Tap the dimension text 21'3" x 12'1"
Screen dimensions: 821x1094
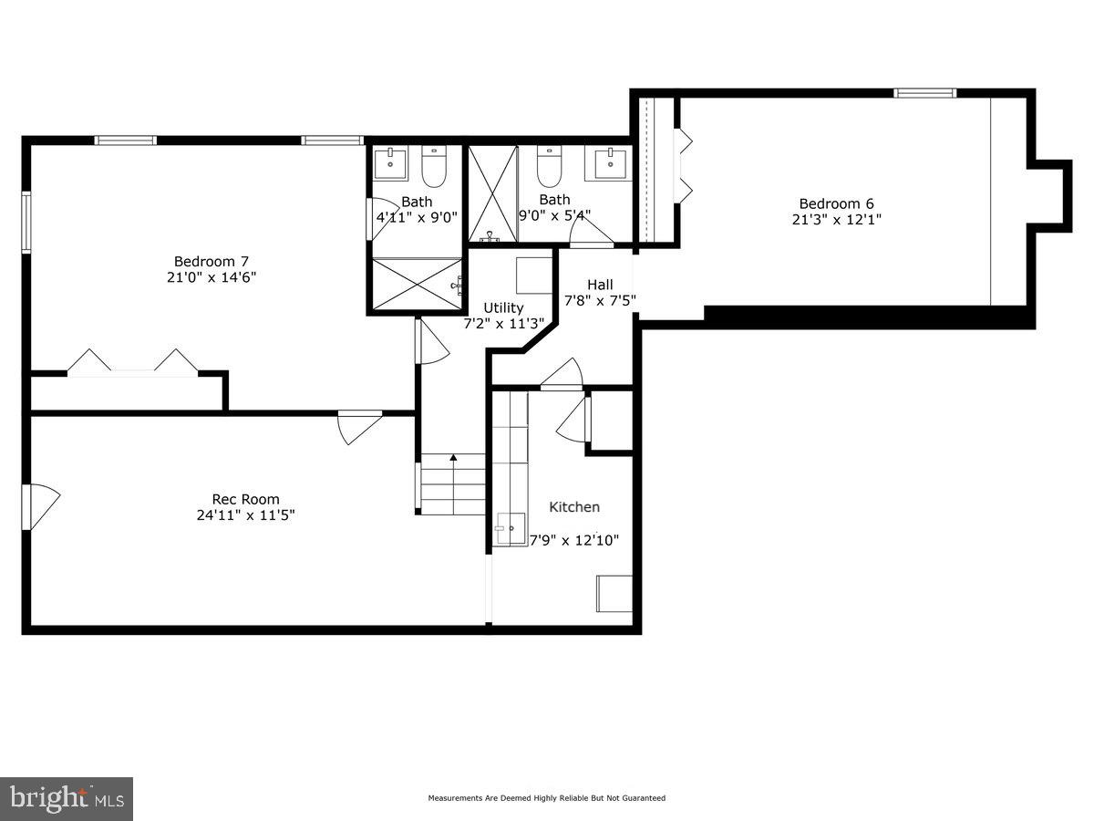click(x=837, y=220)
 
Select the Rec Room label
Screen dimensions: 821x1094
click(x=245, y=499)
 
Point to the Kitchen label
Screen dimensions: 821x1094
click(x=574, y=507)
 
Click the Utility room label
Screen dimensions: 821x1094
click(x=503, y=307)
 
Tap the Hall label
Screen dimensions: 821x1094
click(x=600, y=285)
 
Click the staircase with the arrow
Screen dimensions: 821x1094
click(x=453, y=484)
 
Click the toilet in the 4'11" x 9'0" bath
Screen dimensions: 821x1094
click(x=433, y=167)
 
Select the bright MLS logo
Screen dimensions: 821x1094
click(x=67, y=798)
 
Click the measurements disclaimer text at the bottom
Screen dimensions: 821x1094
click(x=547, y=798)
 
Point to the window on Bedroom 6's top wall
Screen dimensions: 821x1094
click(x=924, y=93)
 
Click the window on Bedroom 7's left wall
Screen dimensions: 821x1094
click(x=26, y=222)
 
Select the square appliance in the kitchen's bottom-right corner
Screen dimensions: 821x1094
click(x=614, y=594)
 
